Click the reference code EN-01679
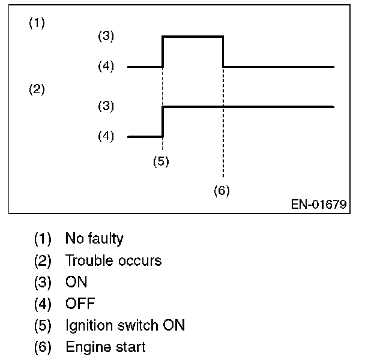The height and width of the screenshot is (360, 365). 319,204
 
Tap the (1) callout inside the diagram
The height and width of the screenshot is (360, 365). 37,24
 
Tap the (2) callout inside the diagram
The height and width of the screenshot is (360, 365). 37,90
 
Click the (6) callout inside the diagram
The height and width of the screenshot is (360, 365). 222,190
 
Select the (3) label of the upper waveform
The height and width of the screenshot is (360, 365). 106,36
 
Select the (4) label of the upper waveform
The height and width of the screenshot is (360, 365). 106,66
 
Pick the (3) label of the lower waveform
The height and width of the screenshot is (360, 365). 106,106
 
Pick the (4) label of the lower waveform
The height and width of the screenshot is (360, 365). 106,136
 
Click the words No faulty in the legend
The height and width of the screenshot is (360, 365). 94,239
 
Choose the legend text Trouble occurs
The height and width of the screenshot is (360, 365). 113,260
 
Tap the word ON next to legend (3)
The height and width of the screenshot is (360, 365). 76,282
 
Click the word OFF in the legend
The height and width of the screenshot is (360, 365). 80,304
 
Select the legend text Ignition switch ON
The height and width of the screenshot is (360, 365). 125,325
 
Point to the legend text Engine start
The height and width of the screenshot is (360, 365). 106,347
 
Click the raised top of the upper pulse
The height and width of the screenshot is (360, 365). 193,36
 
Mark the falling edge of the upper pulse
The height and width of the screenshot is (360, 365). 223,51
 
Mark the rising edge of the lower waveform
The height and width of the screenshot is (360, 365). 163,121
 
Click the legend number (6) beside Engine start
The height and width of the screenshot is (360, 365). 43,347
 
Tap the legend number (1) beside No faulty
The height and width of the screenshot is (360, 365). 43,239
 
